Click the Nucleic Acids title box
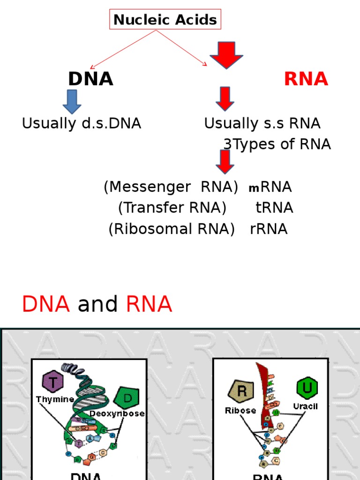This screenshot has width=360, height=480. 165,20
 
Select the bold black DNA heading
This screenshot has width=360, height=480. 90,79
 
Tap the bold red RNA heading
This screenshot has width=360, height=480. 306,79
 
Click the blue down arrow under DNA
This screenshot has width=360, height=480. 72,102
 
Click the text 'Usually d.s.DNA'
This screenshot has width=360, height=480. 82,124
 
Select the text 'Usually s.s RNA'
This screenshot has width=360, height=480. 262,124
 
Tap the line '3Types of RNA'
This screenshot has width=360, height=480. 277,144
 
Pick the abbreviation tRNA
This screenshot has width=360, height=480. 274,208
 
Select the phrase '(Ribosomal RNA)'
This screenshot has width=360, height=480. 172,229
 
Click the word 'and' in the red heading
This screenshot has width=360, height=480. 97,305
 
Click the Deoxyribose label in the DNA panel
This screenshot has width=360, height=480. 117,414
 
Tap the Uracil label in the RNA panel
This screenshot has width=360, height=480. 305,406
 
